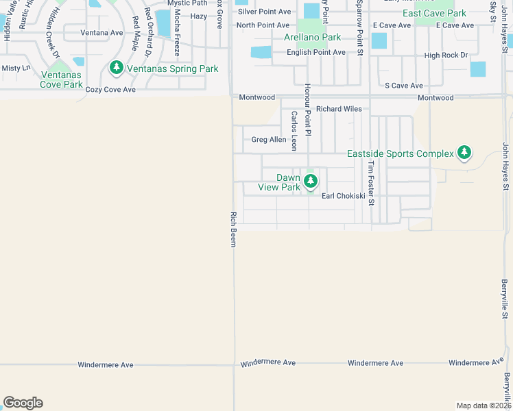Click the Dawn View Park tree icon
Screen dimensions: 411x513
click(311, 181)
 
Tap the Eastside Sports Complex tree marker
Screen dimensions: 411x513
click(464, 152)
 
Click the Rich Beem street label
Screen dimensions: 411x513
click(232, 229)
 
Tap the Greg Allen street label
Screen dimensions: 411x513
click(269, 140)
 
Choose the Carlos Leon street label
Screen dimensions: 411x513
click(294, 131)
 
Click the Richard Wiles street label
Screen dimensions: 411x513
click(338, 108)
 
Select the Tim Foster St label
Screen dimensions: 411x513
click(371, 184)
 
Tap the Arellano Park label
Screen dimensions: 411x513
click(312, 37)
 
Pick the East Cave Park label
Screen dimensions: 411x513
click(434, 13)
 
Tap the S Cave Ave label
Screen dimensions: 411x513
click(404, 86)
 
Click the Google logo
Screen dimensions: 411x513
click(23, 403)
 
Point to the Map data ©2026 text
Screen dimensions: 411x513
click(483, 406)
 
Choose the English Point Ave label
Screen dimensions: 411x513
click(315, 52)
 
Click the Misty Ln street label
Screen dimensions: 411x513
click(16, 68)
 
